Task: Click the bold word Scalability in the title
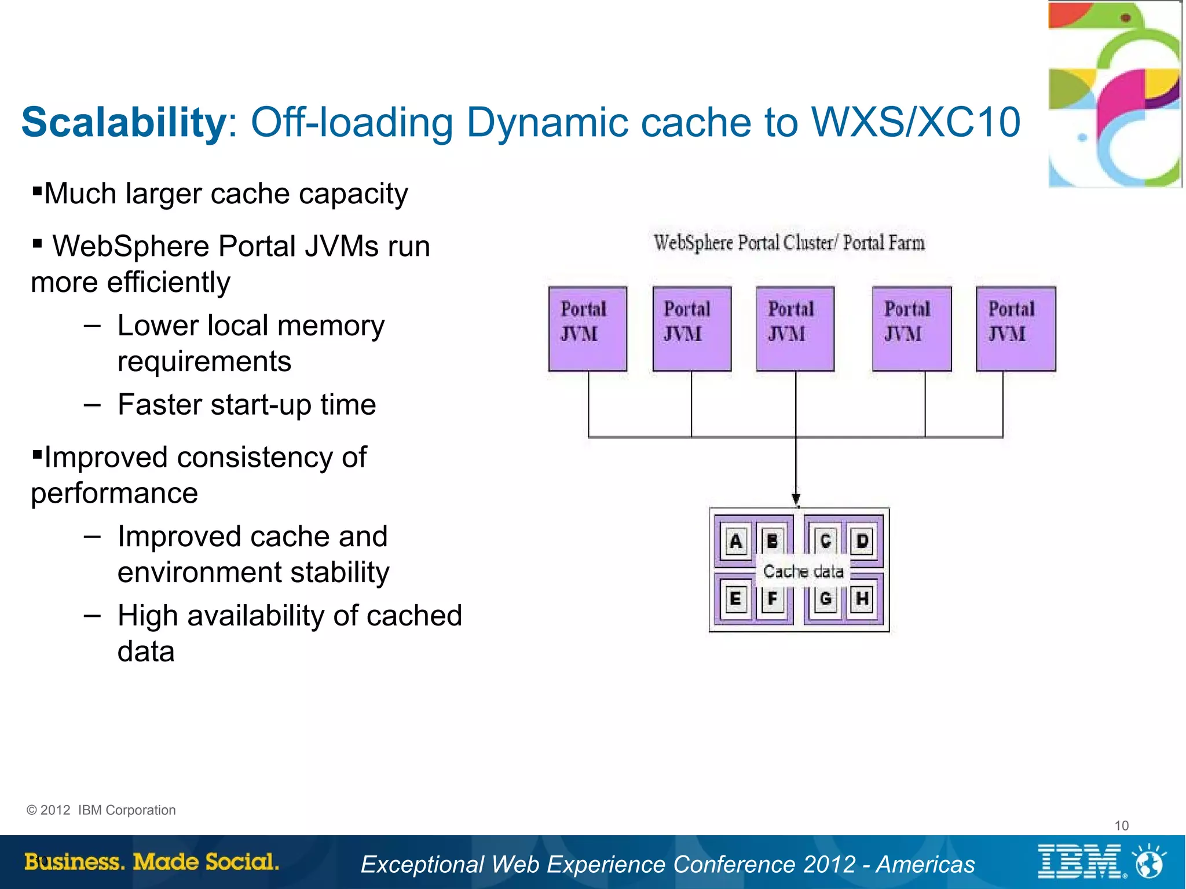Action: point(124,123)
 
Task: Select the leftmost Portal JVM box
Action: point(587,328)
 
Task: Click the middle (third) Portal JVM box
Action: point(795,328)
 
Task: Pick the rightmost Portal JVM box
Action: point(1016,328)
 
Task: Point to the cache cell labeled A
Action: point(735,542)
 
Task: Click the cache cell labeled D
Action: point(862,542)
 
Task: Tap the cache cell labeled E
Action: point(735,598)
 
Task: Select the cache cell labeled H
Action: point(862,598)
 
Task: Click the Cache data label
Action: point(803,572)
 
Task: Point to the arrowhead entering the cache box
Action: point(796,499)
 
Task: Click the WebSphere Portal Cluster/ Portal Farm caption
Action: point(789,243)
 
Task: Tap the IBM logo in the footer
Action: point(1081,862)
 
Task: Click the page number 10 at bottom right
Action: point(1121,825)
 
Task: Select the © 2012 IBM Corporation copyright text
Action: point(101,810)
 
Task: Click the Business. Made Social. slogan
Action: point(152,862)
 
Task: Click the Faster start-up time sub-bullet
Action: point(246,404)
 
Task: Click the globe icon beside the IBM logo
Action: point(1150,862)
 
